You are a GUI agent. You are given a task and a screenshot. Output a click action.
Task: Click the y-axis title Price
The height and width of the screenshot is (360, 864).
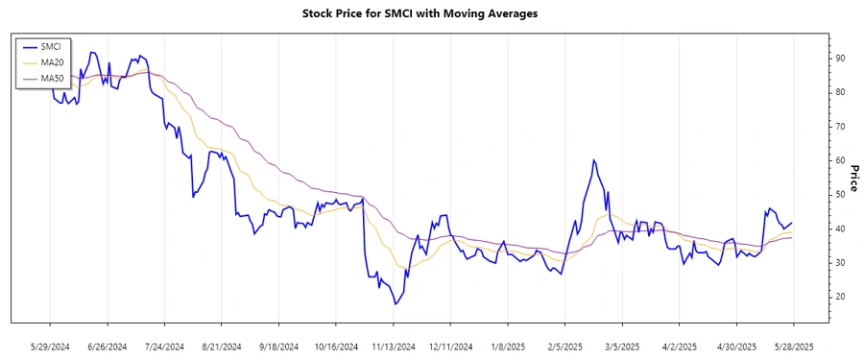tap(852, 178)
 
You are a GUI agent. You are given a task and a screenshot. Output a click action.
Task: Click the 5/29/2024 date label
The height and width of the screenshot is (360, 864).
tap(50, 346)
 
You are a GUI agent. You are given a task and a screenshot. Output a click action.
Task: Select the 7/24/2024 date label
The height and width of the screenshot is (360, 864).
tap(164, 346)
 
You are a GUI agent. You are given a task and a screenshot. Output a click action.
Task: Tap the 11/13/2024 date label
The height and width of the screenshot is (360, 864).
tap(394, 346)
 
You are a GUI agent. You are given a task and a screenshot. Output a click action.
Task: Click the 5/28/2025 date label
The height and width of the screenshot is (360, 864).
tap(794, 346)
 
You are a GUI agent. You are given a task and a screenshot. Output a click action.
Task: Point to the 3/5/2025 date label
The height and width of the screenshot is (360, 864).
tap(622, 346)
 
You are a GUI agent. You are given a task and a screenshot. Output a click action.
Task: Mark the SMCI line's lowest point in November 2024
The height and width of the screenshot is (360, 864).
tap(395, 304)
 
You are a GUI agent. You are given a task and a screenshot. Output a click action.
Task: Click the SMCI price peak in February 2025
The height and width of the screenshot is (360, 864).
tap(594, 160)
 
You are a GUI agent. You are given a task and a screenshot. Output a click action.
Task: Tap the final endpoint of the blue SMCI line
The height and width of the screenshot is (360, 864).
tap(792, 223)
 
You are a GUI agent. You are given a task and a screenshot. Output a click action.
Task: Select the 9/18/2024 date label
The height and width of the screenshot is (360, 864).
tap(278, 346)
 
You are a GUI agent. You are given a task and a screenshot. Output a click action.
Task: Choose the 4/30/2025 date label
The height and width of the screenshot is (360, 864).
tap(736, 346)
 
